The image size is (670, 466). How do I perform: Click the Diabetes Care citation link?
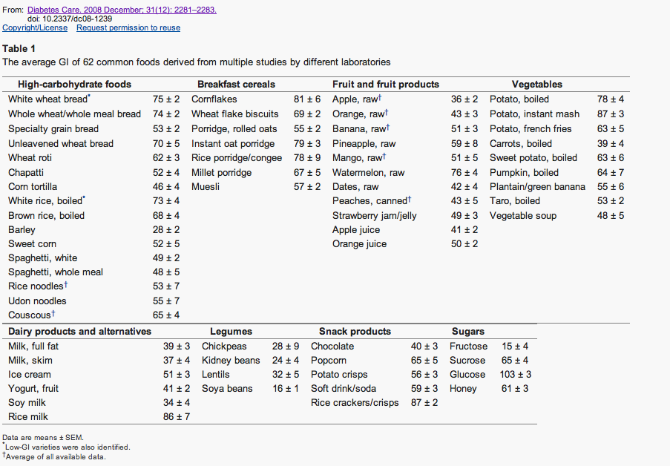click(x=122, y=10)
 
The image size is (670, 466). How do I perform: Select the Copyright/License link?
click(x=35, y=27)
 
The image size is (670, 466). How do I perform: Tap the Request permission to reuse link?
click(x=128, y=27)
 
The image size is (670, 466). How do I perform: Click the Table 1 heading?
click(x=19, y=49)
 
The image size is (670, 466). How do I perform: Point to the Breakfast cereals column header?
click(x=236, y=85)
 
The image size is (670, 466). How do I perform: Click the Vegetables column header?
click(x=537, y=85)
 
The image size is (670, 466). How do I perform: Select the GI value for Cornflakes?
click(x=307, y=99)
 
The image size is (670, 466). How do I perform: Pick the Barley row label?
click(x=22, y=230)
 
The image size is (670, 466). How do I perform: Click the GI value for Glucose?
click(x=516, y=375)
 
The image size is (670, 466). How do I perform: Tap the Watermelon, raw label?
click(x=368, y=173)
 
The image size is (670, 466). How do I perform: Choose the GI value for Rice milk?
click(x=177, y=417)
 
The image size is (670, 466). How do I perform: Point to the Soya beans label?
click(x=227, y=389)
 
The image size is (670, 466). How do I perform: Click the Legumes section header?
click(x=231, y=332)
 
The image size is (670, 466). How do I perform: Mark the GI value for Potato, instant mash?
click(x=611, y=114)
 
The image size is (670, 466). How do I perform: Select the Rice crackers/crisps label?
click(x=355, y=403)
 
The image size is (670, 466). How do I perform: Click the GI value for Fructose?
click(x=515, y=347)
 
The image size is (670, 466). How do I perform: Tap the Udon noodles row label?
click(x=37, y=301)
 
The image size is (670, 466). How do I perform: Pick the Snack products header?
click(x=355, y=332)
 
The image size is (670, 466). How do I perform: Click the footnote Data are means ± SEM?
click(x=43, y=437)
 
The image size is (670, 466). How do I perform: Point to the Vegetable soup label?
click(x=523, y=216)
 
